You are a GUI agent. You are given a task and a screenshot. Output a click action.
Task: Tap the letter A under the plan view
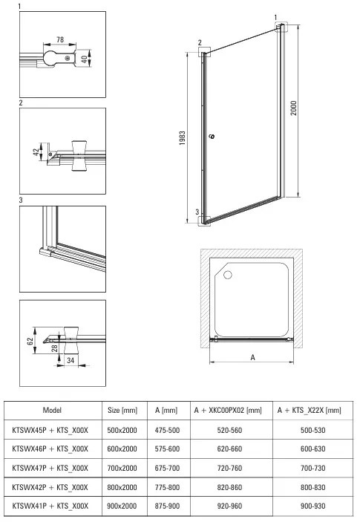pos(252,357)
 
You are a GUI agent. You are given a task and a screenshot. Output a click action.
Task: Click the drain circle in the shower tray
pos(227,275)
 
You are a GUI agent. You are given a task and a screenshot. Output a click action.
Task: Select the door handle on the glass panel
pos(212,137)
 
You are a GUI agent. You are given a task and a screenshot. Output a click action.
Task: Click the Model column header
pos(52,410)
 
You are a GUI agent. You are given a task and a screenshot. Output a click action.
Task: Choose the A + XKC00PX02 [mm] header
pos(227,410)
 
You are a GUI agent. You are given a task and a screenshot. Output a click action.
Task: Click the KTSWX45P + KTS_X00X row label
pos(51,429)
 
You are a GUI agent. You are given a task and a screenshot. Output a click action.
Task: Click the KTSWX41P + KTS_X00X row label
pos(51,506)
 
